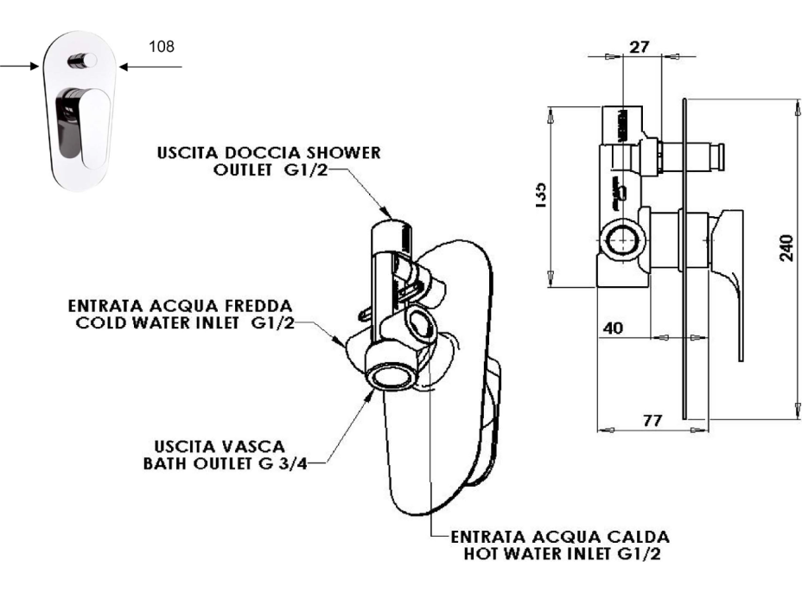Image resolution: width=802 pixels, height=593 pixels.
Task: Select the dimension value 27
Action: tap(640, 47)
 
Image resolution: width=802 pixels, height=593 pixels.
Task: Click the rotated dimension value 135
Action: tap(538, 190)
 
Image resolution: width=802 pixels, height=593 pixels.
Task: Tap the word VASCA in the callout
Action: tap(260, 446)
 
